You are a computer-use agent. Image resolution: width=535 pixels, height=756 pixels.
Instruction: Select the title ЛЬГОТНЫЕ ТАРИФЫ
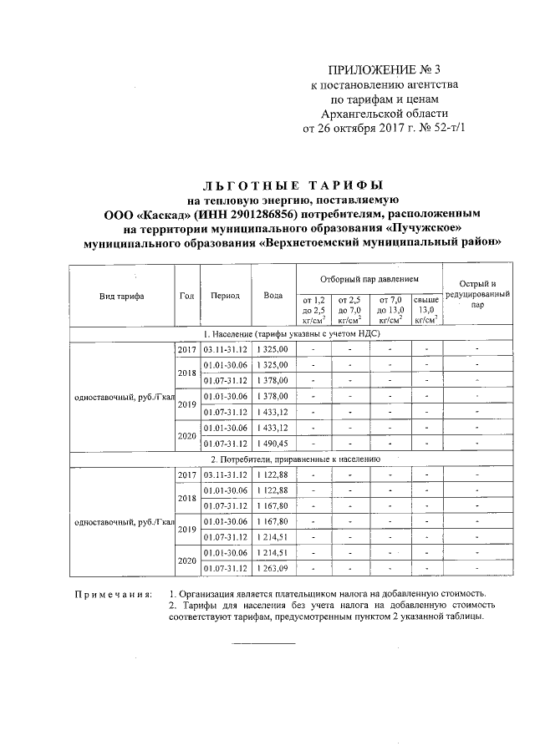click(x=293, y=184)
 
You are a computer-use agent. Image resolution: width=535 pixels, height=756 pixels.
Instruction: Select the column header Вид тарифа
click(x=121, y=296)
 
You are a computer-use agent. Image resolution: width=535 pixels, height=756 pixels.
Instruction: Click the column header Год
click(x=187, y=296)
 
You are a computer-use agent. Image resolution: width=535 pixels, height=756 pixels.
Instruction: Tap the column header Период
click(x=226, y=296)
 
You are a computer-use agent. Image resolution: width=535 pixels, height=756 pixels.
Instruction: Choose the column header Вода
click(x=273, y=296)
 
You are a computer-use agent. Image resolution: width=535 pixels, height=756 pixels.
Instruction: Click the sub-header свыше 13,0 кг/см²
click(x=426, y=308)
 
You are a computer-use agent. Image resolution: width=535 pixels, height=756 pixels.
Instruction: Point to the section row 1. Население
click(x=293, y=332)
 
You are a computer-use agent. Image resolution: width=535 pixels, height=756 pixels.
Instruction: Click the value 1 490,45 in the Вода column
click(x=272, y=443)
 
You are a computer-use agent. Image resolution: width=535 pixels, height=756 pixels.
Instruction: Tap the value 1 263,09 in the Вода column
click(x=272, y=570)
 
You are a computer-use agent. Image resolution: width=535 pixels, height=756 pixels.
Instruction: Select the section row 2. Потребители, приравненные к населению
click(x=293, y=459)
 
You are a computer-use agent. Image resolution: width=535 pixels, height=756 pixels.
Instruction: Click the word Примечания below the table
click(x=112, y=595)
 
